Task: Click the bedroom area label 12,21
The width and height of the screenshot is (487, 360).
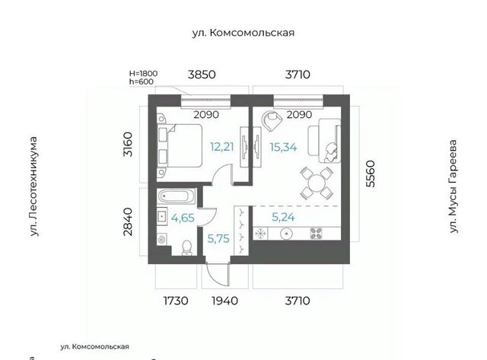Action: point(221,147)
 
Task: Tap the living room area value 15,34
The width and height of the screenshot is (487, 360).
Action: point(283,147)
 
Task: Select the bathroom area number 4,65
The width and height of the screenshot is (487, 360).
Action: point(183,218)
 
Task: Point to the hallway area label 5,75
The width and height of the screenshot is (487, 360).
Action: point(218,238)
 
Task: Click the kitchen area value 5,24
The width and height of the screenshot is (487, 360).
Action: point(283,217)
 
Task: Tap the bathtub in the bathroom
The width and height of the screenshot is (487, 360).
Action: point(176,196)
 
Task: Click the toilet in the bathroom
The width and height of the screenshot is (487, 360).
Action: point(186,247)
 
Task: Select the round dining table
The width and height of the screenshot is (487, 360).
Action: point(317,183)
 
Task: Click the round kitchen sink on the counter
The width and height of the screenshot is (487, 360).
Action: point(286,234)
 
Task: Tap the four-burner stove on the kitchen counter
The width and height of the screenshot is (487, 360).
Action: point(317,234)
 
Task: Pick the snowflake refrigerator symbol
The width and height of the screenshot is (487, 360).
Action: point(260,234)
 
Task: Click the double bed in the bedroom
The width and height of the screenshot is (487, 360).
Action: point(180,146)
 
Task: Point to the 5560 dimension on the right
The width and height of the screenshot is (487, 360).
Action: point(371,174)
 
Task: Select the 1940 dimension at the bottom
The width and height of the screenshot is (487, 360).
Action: point(225,301)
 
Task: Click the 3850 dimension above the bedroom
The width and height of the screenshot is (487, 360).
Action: point(202,75)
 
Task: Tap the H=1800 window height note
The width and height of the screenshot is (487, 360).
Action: point(144,74)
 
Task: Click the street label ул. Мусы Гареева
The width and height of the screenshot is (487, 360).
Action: point(454,186)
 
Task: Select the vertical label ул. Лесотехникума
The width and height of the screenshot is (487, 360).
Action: point(33,186)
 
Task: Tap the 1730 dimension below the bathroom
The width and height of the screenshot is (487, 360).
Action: point(176,301)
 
